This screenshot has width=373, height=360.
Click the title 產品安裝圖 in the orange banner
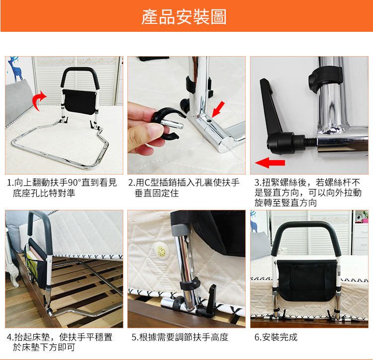(184, 17)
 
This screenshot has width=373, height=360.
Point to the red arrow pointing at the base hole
(218, 109)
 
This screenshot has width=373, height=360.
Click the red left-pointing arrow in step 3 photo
(270, 163)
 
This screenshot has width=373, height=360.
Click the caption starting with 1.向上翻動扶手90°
(62, 188)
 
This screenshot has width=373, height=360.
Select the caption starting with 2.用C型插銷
(184, 188)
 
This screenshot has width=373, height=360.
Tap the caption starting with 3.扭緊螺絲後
(308, 192)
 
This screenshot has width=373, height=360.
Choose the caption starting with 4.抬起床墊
(60, 342)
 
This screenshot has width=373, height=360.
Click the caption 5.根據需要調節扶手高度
(180, 337)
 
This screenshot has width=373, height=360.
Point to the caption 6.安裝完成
(276, 337)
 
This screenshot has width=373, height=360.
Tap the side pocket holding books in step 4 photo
(36, 264)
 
